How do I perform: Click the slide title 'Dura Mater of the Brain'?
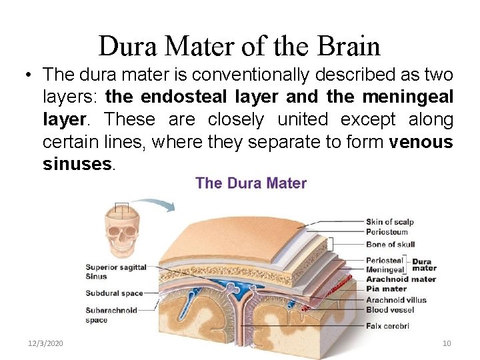click(x=239, y=46)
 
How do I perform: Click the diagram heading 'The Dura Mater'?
click(x=251, y=183)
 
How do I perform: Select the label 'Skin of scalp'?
click(x=389, y=222)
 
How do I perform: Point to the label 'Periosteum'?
click(x=386, y=231)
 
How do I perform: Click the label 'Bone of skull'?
click(x=390, y=244)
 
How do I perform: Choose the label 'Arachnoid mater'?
click(x=401, y=279)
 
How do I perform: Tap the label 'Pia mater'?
click(x=386, y=289)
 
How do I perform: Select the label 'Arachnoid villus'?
click(x=396, y=300)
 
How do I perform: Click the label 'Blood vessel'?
click(x=390, y=309)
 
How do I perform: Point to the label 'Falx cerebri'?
click(x=387, y=326)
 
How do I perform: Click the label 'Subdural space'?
click(x=114, y=293)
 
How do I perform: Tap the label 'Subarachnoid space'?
click(x=111, y=315)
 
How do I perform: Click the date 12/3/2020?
click(x=45, y=343)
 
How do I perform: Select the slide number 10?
click(x=447, y=343)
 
